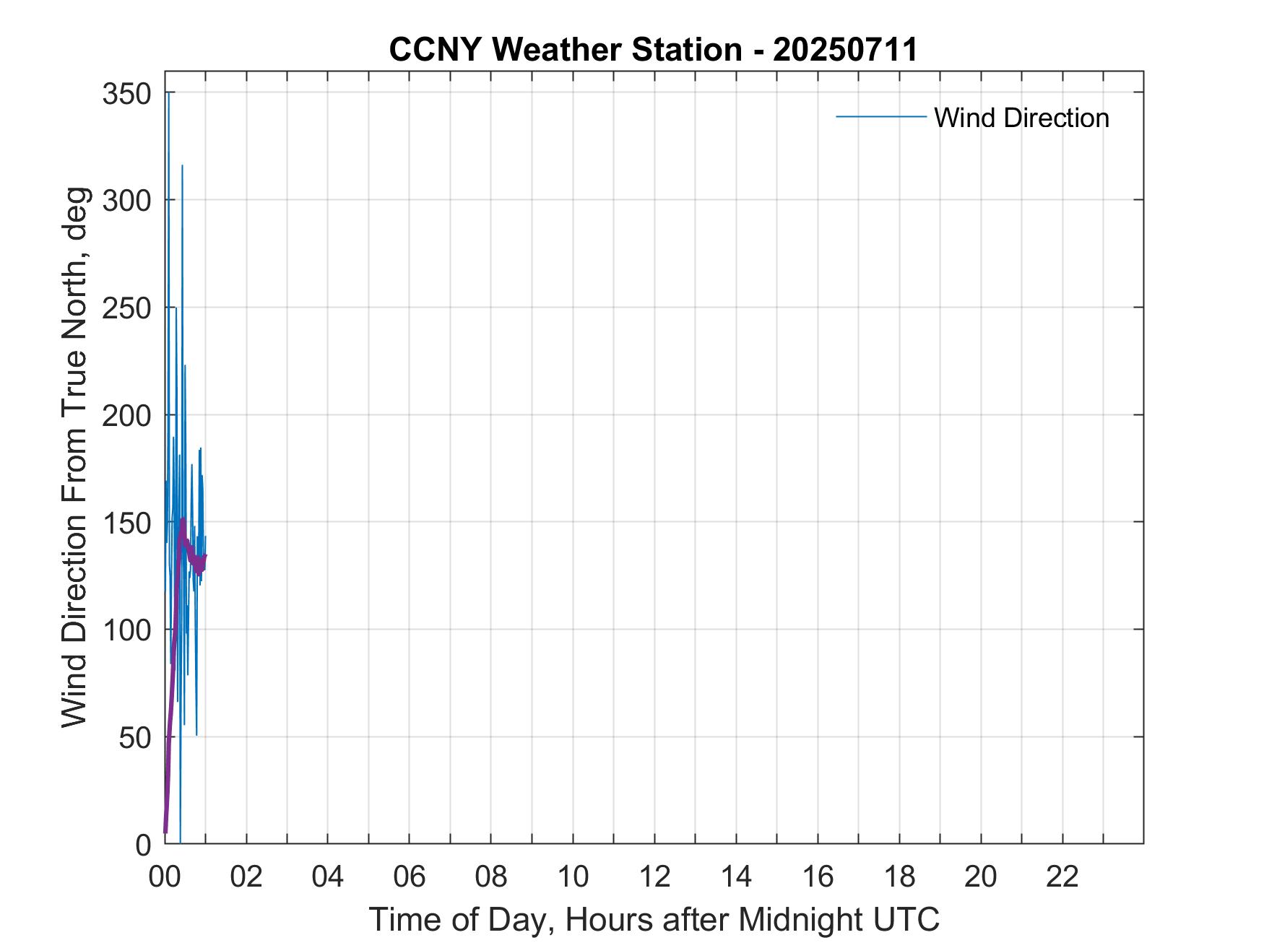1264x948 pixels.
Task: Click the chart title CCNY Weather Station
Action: [x=653, y=50]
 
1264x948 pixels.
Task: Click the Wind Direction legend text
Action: [x=1021, y=118]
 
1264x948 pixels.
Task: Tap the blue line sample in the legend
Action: [x=880, y=116]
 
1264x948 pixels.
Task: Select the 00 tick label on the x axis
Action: [x=165, y=877]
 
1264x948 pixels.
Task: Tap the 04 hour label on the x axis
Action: [x=328, y=877]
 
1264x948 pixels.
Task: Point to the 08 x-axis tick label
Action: [x=491, y=877]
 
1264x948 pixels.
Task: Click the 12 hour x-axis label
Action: [x=654, y=877]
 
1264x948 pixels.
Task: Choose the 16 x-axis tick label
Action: [x=818, y=877]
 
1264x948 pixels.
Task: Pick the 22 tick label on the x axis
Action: [x=1062, y=877]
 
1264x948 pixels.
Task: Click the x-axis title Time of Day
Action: [x=654, y=919]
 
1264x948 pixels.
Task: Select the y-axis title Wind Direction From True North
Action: [x=74, y=457]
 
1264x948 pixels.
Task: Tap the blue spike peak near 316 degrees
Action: [x=182, y=166]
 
